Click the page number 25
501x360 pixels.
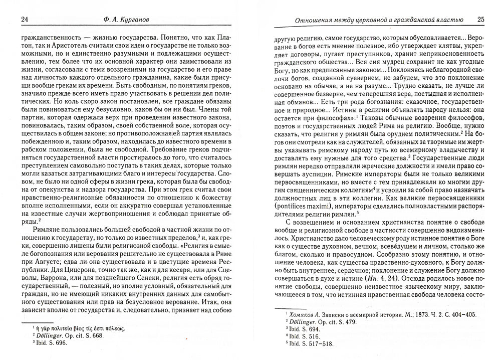tap(480, 20)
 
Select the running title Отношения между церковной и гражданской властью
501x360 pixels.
tap(373, 20)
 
